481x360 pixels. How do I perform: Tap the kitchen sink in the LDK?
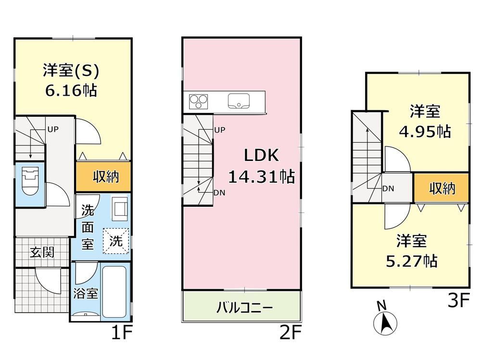[x=239, y=101]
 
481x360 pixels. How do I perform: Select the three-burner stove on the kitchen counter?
[x=198, y=101]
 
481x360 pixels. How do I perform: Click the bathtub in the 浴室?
[x=114, y=292]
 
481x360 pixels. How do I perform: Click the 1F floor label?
[x=122, y=333]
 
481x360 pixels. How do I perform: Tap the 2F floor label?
[x=291, y=333]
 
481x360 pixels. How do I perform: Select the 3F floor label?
[x=458, y=300]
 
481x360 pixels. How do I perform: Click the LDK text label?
[x=261, y=155]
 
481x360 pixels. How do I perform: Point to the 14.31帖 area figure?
[x=261, y=176]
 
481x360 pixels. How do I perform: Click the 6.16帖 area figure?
[x=71, y=90]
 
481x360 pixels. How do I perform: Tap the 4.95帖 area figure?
[x=425, y=131]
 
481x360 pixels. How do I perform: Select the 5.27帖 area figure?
[x=411, y=261]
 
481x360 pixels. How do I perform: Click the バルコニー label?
[x=244, y=308]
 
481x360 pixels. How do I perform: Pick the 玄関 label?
[x=42, y=252]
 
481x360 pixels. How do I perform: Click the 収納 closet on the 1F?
[x=103, y=176]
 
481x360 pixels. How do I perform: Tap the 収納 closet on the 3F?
[x=442, y=188]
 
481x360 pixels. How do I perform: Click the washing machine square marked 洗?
[x=115, y=241]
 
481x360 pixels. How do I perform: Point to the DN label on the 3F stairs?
[x=388, y=188]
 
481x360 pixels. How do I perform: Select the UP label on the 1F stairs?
[x=53, y=129]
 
